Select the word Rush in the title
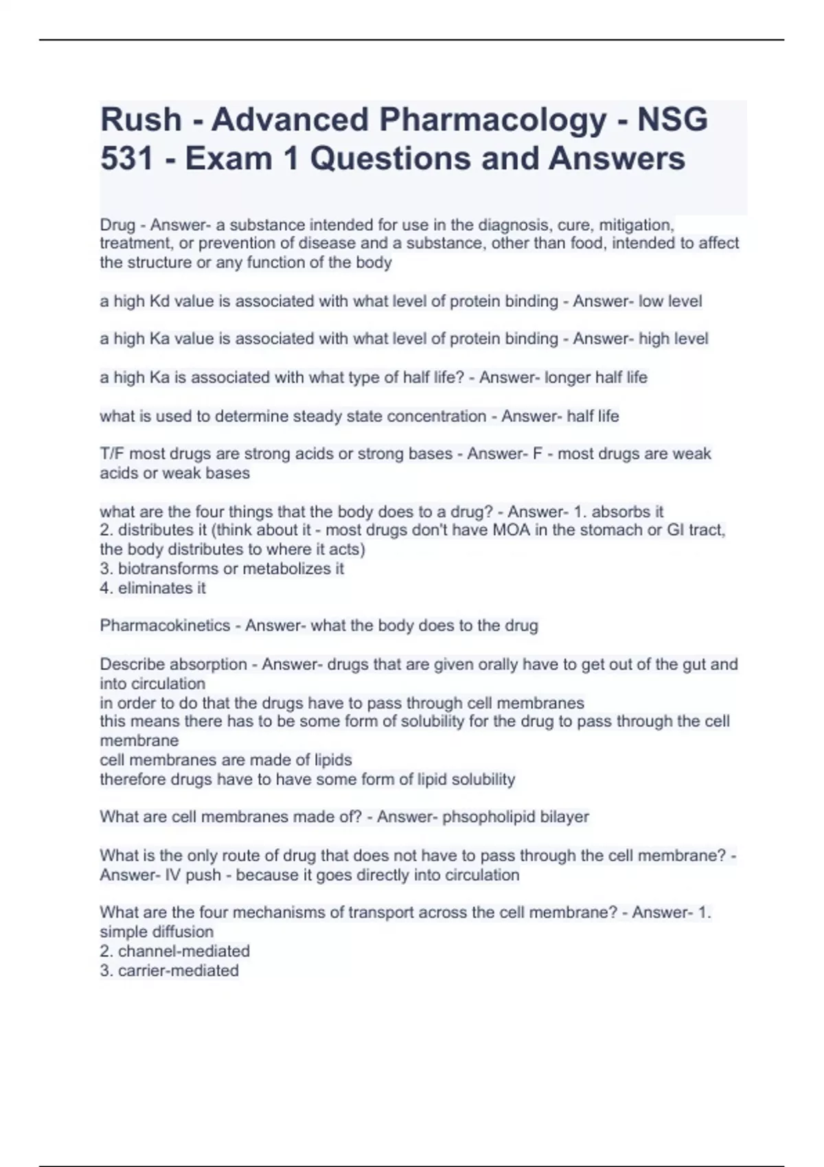(141, 120)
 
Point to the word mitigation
(637, 225)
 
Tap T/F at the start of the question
(112, 454)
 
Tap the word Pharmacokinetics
(165, 625)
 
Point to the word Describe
(129, 664)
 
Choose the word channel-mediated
(183, 951)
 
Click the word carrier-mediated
(178, 971)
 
